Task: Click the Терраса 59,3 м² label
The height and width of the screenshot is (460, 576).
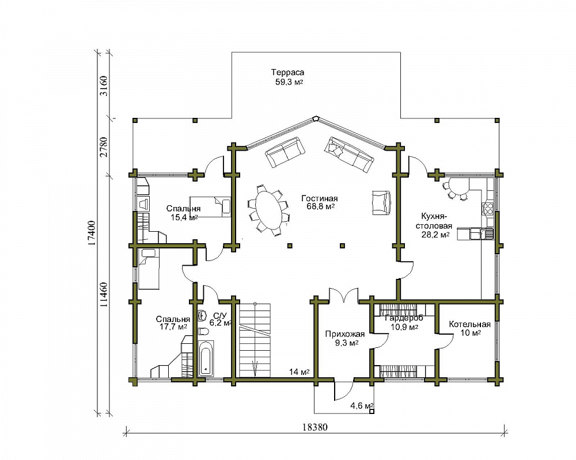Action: click(288, 77)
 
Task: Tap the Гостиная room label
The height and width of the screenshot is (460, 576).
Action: click(320, 198)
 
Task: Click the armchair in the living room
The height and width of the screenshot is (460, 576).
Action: click(381, 202)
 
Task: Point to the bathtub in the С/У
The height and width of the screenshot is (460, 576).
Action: click(206, 359)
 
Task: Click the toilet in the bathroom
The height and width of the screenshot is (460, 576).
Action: click(203, 332)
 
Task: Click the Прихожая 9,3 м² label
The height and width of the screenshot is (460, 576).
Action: click(344, 339)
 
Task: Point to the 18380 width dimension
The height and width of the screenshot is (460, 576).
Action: click(315, 427)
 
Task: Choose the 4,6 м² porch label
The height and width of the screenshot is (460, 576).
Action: click(362, 406)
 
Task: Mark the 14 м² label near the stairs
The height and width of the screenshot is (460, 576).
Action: click(299, 372)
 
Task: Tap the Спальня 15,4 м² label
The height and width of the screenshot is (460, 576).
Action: click(184, 213)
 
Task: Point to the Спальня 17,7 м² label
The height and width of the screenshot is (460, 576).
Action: click(173, 323)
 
